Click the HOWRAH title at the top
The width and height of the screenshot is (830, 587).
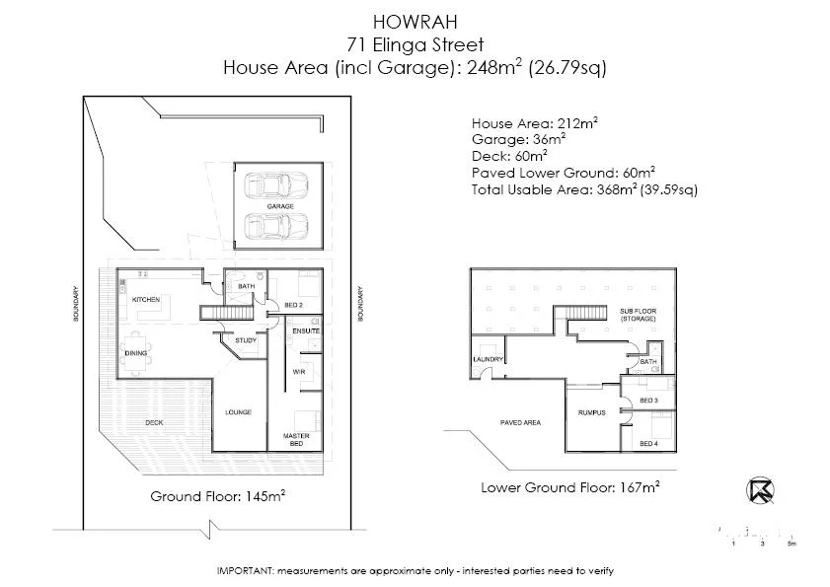coord(415,20)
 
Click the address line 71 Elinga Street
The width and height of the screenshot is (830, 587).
coord(415,43)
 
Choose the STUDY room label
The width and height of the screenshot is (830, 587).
coord(246,340)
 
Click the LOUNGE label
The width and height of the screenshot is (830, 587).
coord(239,412)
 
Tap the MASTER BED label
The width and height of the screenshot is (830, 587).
coord(297,439)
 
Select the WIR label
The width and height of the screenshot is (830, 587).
coord(298,372)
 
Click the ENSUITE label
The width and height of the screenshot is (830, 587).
coord(306,330)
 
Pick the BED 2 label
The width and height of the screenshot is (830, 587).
coord(293,306)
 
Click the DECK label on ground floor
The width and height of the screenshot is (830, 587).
coord(154,422)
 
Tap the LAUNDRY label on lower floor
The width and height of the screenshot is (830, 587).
coord(489,359)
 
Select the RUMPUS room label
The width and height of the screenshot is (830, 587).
coord(592,412)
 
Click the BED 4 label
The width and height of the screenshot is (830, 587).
coord(648,444)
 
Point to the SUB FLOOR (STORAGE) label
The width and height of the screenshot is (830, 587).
coord(638,315)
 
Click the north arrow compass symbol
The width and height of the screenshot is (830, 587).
coord(759,491)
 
